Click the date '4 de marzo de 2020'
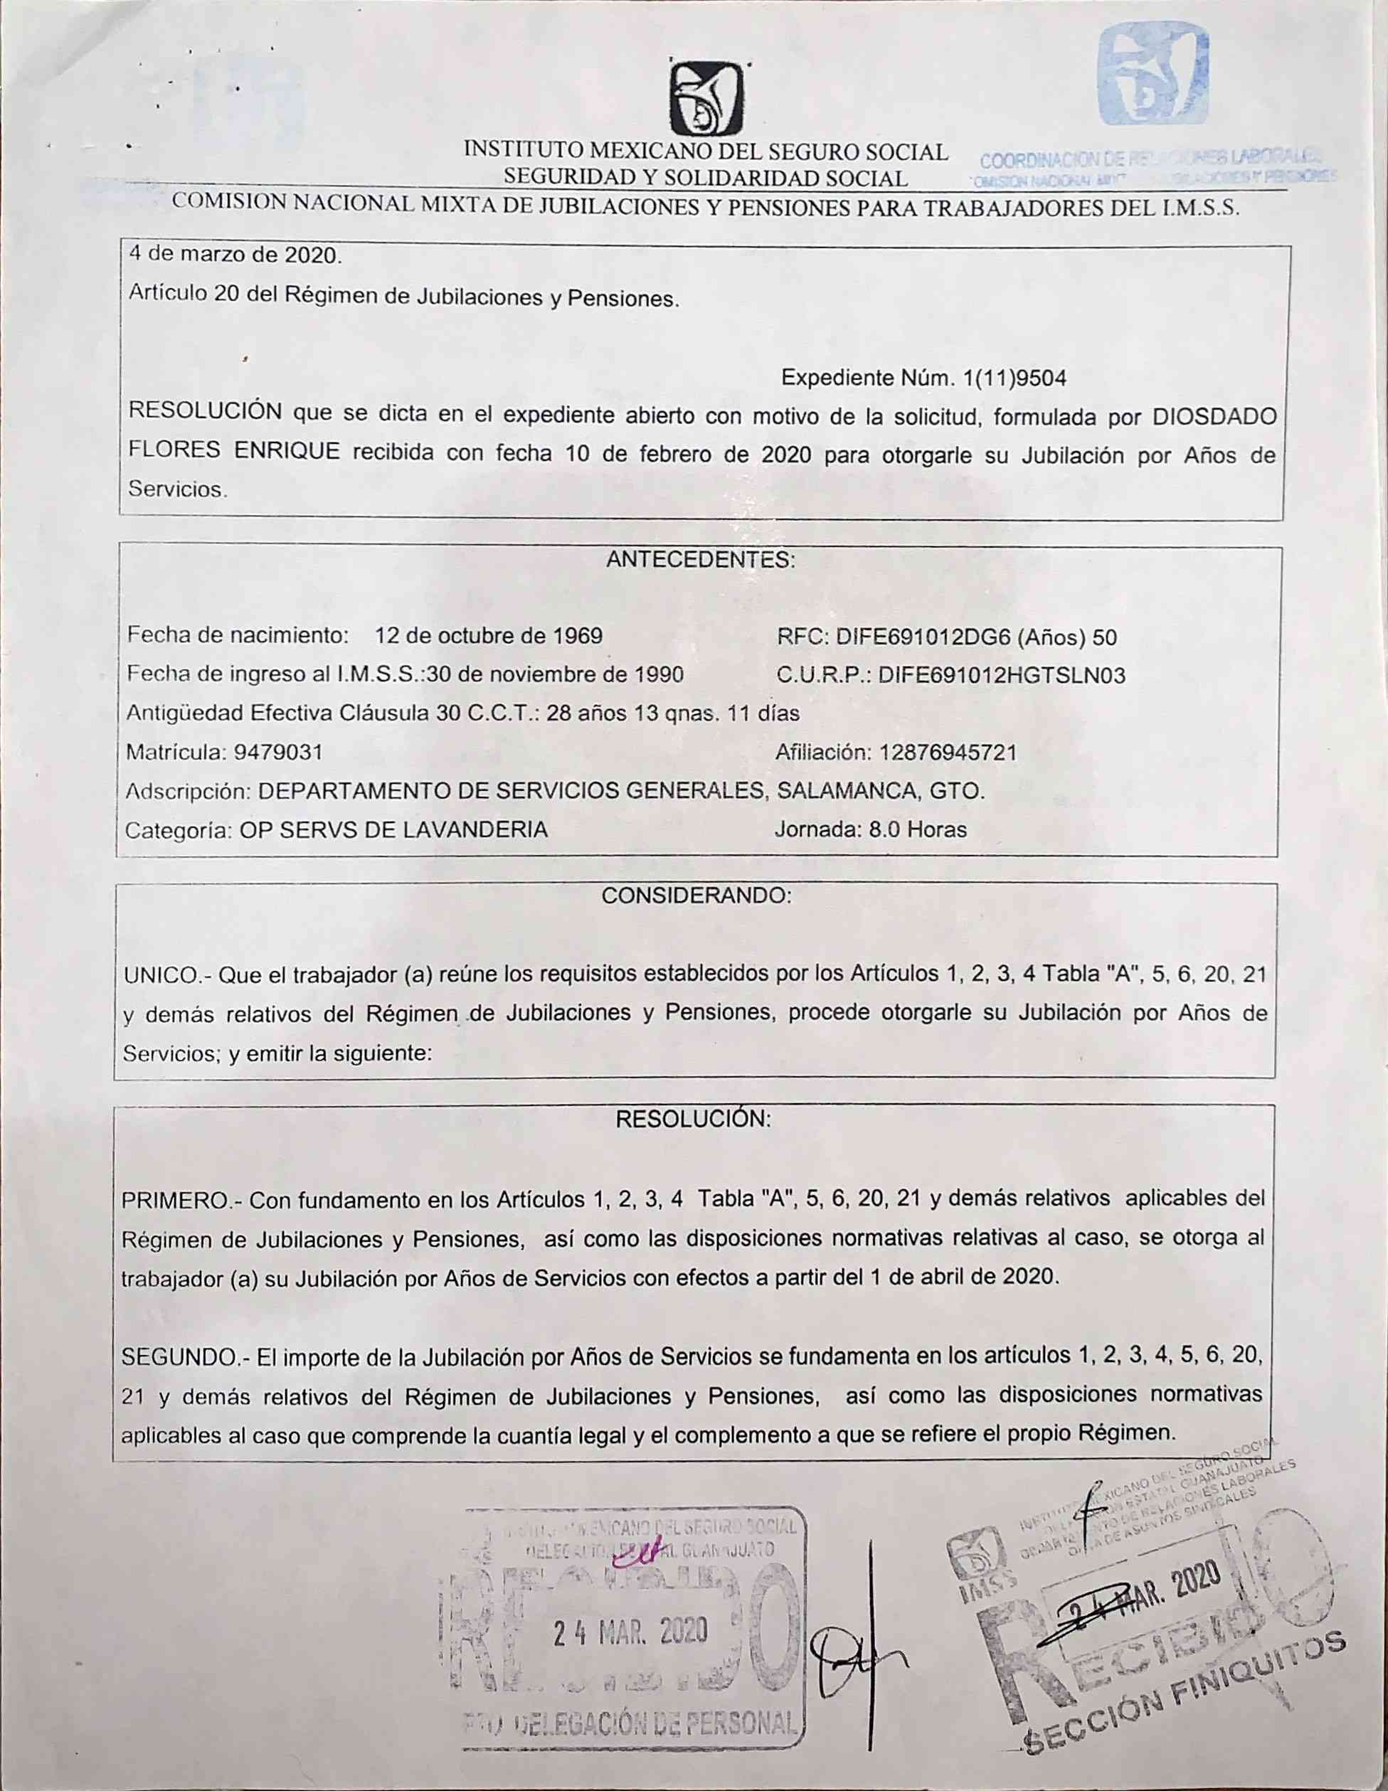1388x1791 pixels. [x=235, y=255]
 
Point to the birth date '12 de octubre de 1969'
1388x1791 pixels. [x=487, y=636]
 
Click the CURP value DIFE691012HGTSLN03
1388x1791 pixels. [x=1001, y=676]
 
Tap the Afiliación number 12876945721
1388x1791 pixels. [x=948, y=752]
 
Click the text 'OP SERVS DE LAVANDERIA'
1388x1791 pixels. [x=393, y=830]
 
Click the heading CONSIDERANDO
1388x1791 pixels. [x=696, y=895]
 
